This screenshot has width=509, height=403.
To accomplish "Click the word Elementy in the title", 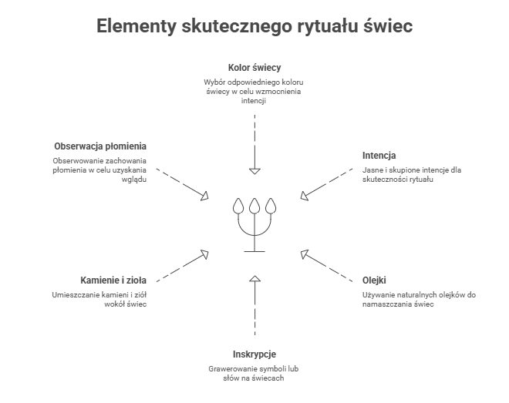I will (x=136, y=26).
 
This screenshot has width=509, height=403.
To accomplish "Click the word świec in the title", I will (x=388, y=26).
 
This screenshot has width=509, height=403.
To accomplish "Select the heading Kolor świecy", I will (x=254, y=67).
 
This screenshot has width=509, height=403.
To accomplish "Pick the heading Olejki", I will (x=375, y=279).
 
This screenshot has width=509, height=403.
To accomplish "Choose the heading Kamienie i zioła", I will (x=113, y=279).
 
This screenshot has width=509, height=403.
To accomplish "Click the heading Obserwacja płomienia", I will (x=100, y=146).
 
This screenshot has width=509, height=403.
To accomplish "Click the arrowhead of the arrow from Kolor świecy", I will (x=254, y=170).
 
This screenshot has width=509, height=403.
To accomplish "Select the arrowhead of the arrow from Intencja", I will (x=304, y=196).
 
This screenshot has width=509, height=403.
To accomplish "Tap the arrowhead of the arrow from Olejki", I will (x=304, y=251).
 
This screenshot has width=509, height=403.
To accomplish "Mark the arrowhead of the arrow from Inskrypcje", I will (x=254, y=277).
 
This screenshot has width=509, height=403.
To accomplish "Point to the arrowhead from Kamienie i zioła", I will (x=205, y=252).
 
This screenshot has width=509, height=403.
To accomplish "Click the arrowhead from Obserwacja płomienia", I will (x=205, y=197).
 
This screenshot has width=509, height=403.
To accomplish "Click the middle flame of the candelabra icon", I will (x=254, y=206).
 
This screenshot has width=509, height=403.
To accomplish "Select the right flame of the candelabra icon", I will (x=270, y=206).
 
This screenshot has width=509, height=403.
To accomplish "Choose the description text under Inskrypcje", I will (x=254, y=373).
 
